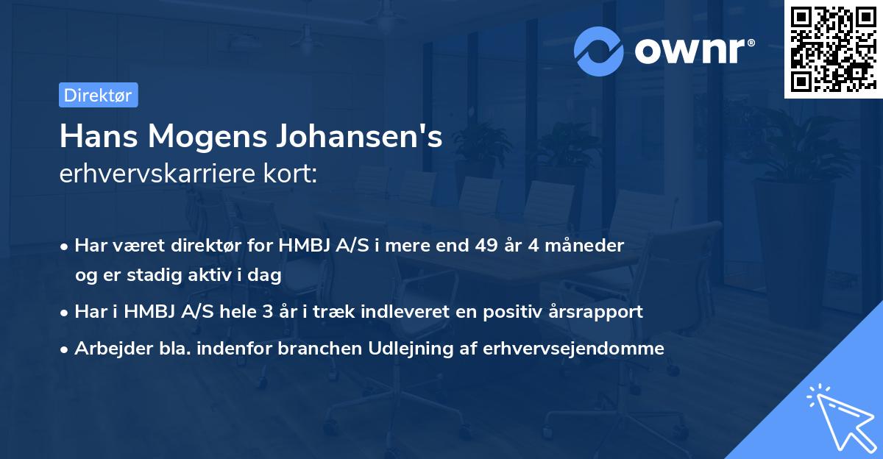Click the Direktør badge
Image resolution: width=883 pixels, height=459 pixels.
(x=98, y=95)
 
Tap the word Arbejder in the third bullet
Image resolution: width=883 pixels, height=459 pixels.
(x=107, y=348)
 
